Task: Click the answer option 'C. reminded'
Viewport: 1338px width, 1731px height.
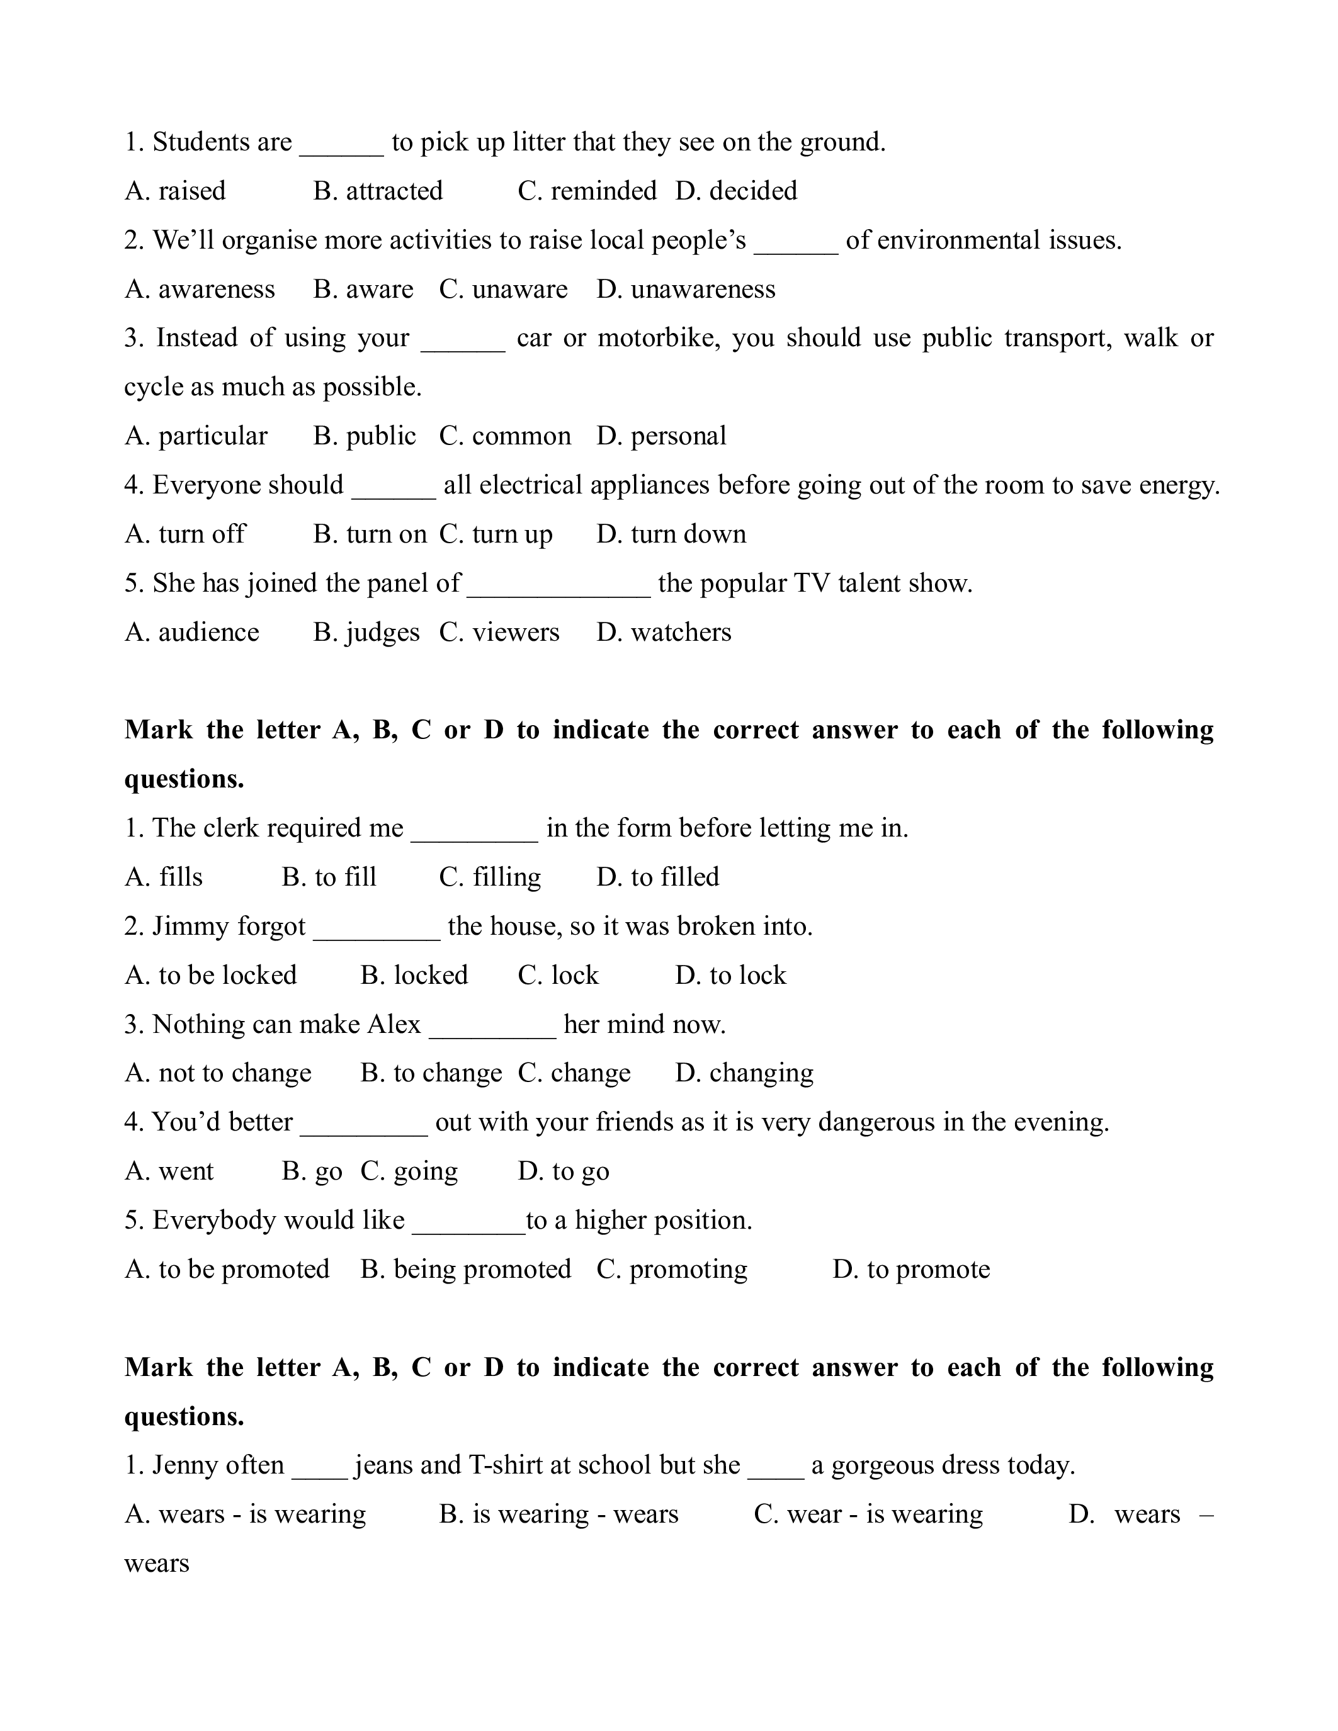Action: [x=587, y=191]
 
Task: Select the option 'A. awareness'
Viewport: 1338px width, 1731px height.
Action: [x=200, y=290]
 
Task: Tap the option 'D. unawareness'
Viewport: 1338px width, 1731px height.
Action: [x=686, y=290]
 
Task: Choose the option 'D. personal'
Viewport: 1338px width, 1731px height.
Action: [x=661, y=436]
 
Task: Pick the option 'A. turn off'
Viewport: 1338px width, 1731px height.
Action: [x=186, y=534]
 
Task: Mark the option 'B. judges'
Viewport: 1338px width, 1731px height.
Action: [x=366, y=633]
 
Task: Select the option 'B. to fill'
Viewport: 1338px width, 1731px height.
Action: [x=329, y=877]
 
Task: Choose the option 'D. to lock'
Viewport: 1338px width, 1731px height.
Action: [x=730, y=976]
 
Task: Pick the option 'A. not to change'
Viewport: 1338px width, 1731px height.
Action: [x=218, y=1073]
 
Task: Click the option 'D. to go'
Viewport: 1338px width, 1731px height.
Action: [x=563, y=1171]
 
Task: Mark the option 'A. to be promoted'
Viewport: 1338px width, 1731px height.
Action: [x=227, y=1270]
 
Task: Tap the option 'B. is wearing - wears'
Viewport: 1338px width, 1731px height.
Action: [x=559, y=1514]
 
